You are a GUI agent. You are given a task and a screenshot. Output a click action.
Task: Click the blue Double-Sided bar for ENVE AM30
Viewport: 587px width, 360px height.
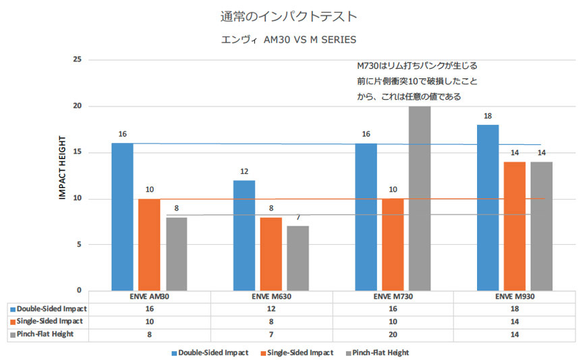(122, 216)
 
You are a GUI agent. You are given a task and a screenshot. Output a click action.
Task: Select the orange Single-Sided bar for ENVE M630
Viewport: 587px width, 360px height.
(271, 253)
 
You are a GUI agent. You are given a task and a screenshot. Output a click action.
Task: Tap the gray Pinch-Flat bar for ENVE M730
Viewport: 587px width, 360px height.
(419, 198)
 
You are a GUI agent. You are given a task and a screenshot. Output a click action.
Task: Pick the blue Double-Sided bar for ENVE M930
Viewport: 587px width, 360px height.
(488, 208)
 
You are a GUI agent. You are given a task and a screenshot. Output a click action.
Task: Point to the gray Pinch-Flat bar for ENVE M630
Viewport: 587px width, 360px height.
(298, 258)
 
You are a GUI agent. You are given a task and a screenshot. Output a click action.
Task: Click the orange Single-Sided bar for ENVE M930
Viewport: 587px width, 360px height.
(515, 226)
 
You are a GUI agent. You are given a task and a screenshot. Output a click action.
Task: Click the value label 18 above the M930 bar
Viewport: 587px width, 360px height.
(488, 116)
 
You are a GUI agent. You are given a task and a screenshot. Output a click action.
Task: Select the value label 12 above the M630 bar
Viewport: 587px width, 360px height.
(244, 171)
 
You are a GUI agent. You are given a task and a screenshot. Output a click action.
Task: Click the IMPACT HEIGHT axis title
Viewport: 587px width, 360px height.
(61, 169)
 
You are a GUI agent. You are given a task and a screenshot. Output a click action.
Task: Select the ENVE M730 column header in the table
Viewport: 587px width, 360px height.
(393, 297)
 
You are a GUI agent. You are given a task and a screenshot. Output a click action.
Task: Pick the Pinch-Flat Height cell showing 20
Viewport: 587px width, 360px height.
(393, 334)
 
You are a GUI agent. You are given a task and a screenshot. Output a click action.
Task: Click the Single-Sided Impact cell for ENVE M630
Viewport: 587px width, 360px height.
(271, 321)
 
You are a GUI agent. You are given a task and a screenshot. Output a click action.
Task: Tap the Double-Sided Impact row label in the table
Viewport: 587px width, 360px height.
(51, 309)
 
